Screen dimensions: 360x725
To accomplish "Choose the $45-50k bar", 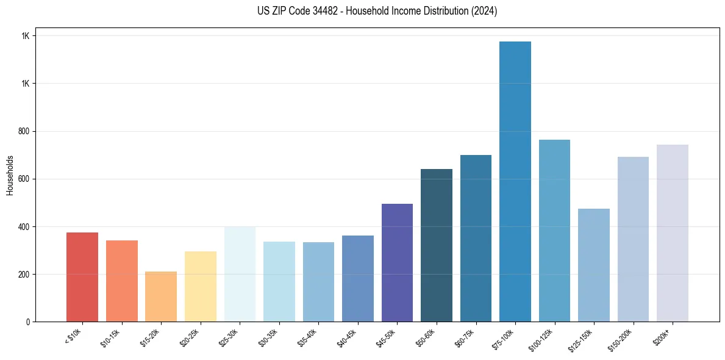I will click(x=397, y=262).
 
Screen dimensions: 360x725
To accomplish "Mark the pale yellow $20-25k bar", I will click(x=201, y=286).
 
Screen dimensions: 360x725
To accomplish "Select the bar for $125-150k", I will click(x=594, y=265).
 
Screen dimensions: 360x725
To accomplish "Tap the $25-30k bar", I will click(x=240, y=274).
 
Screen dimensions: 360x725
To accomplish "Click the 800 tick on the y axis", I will click(x=24, y=131).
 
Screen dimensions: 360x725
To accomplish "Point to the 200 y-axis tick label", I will click(x=24, y=275).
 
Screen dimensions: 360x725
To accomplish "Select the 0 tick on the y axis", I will click(x=28, y=322).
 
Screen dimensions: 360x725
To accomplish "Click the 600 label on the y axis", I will click(x=24, y=179).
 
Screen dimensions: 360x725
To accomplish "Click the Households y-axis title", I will click(x=10, y=175).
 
